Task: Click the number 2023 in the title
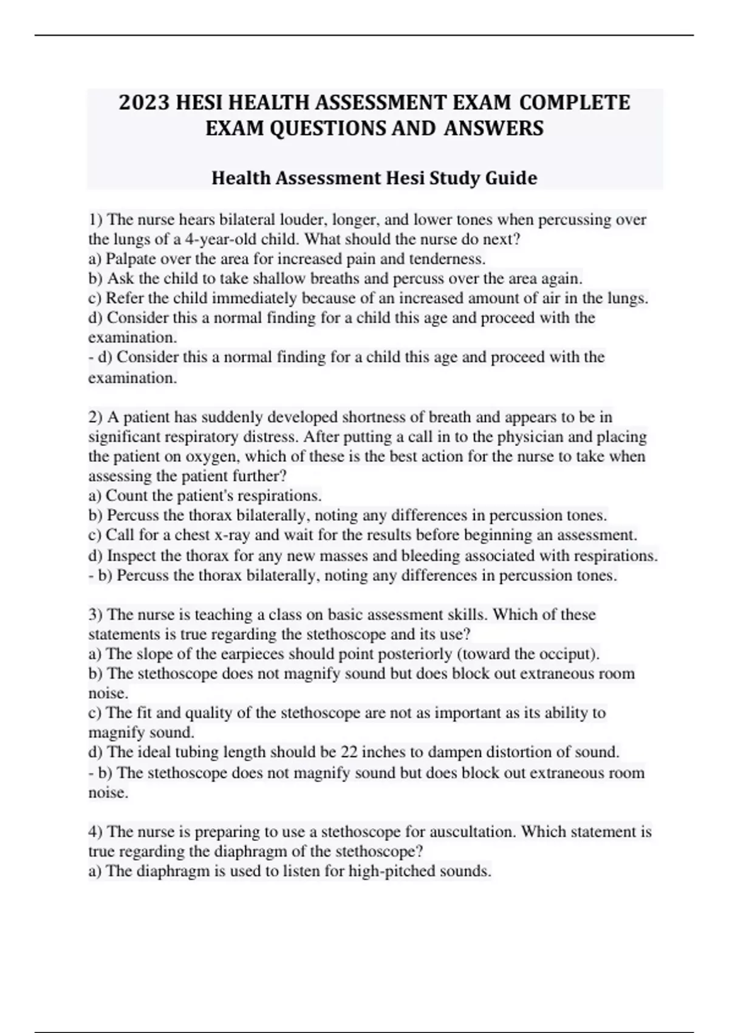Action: click(144, 102)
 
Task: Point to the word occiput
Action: click(569, 654)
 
